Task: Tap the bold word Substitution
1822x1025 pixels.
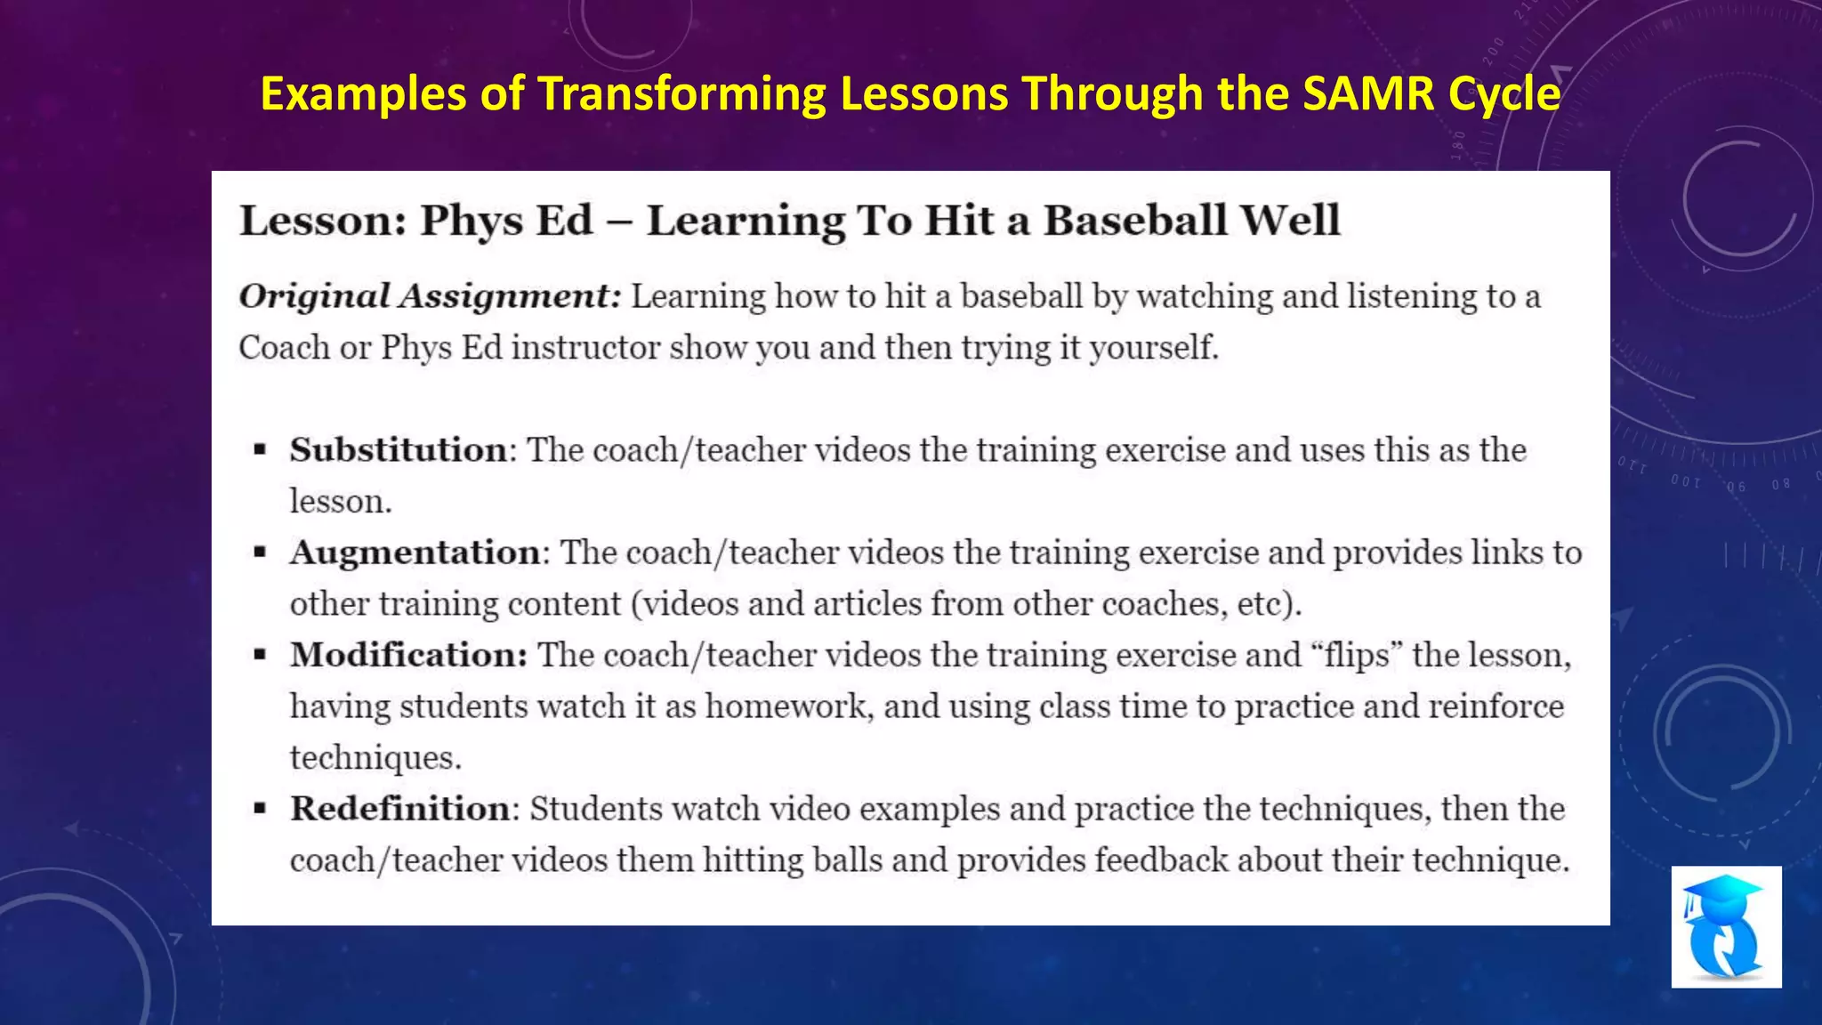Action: pyautogui.click(x=398, y=450)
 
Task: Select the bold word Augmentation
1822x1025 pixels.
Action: pyautogui.click(x=415, y=553)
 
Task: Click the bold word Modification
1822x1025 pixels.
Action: pyautogui.click(x=408, y=656)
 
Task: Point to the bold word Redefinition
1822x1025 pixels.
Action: pyautogui.click(x=400, y=809)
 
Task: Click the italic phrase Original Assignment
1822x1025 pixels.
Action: pyautogui.click(x=430, y=296)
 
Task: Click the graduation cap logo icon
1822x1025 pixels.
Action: pyautogui.click(x=1725, y=926)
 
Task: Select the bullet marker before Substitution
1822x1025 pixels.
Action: pyautogui.click(x=260, y=450)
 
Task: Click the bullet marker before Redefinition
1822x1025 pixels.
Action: pyautogui.click(x=260, y=809)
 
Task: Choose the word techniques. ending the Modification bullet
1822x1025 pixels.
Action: pyautogui.click(x=375, y=758)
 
